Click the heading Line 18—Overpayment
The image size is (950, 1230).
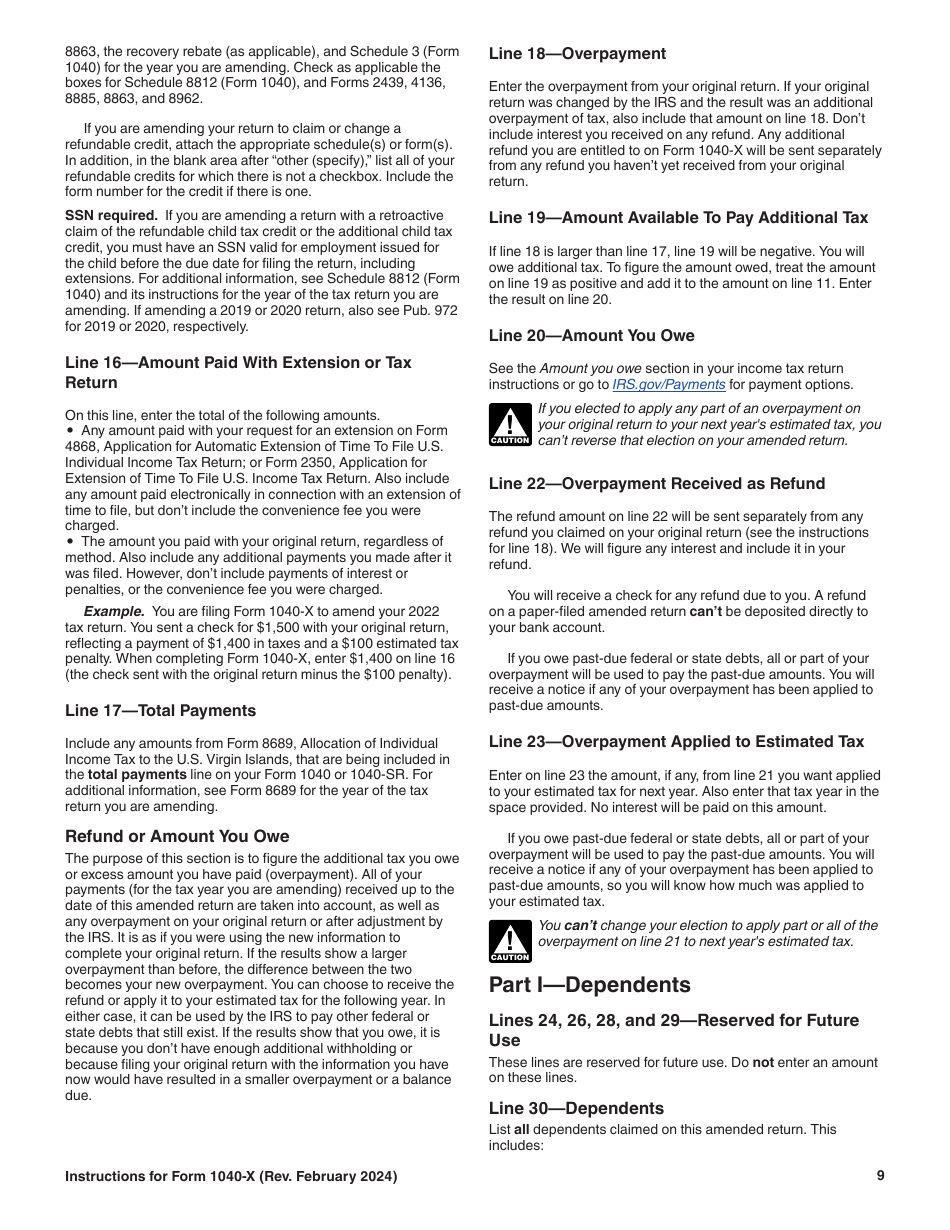click(x=577, y=54)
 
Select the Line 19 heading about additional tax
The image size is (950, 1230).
click(x=678, y=218)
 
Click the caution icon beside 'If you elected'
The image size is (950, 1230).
click(x=509, y=425)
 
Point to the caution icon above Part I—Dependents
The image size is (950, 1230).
click(x=509, y=941)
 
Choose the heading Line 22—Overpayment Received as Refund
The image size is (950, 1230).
click(x=656, y=484)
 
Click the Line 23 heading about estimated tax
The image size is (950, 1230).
click(x=676, y=742)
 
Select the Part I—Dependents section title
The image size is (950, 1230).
click(x=589, y=985)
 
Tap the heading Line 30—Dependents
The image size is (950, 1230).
click(x=576, y=1108)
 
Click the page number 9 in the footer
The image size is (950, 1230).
click(x=880, y=1176)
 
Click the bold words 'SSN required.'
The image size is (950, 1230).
click(x=111, y=216)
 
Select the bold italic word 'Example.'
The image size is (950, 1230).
click(x=114, y=611)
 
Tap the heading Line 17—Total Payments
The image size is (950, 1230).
click(x=160, y=711)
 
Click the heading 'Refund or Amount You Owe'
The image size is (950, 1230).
click(x=177, y=836)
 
